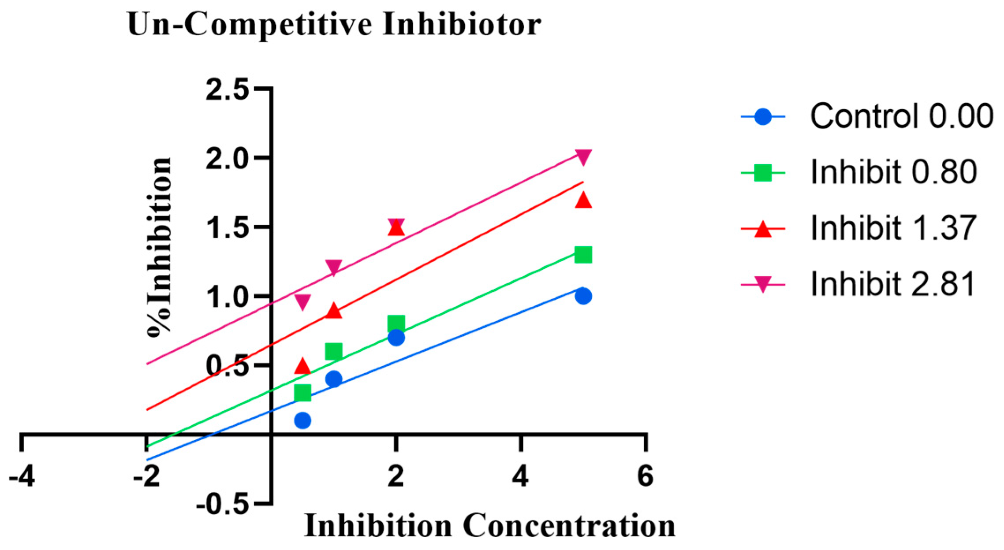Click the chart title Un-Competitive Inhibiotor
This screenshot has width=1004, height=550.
click(x=334, y=25)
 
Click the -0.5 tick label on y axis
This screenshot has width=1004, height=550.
click(x=223, y=504)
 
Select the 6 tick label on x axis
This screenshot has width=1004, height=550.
click(x=645, y=477)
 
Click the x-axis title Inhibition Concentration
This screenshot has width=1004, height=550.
click(x=489, y=526)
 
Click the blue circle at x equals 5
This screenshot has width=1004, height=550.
click(x=583, y=296)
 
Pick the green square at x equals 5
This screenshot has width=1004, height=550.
click(x=583, y=255)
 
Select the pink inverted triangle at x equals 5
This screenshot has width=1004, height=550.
click(x=583, y=156)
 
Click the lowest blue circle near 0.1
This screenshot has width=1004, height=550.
click(x=302, y=420)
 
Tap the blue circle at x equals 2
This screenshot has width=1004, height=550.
click(x=396, y=338)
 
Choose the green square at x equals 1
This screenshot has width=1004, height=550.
click(x=334, y=352)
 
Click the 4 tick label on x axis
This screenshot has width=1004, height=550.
click(x=521, y=477)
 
